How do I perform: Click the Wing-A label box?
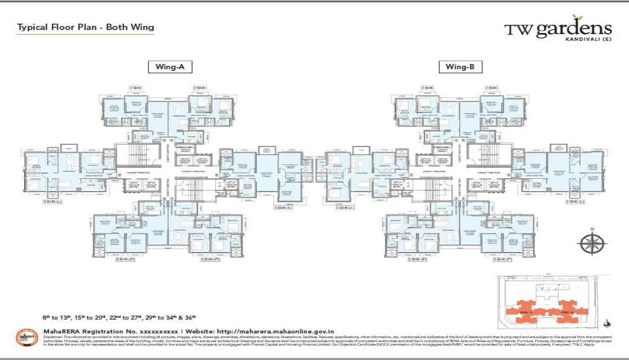tap(170, 67)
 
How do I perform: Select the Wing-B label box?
tap(460, 67)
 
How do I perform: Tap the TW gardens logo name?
tap(557, 29)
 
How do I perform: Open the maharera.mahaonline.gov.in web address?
tap(275, 331)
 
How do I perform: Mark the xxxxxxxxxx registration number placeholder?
tap(156, 331)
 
